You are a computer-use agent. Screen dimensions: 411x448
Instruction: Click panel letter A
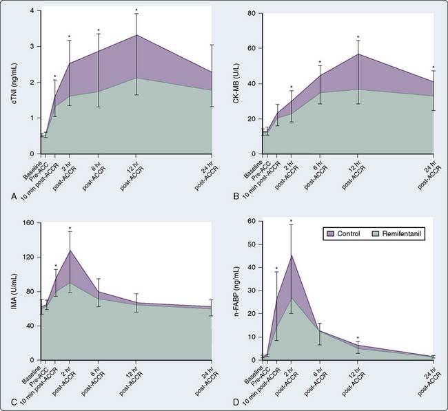point(14,196)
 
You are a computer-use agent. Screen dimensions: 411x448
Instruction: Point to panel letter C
point(14,402)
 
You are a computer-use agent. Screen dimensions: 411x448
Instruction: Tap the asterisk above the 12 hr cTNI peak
point(137,9)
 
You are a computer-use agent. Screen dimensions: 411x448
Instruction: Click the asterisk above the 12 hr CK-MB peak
point(358,37)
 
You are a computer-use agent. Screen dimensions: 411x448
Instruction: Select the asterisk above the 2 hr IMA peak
point(70,228)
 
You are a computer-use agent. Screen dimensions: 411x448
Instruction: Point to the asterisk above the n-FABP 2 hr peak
point(292,221)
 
